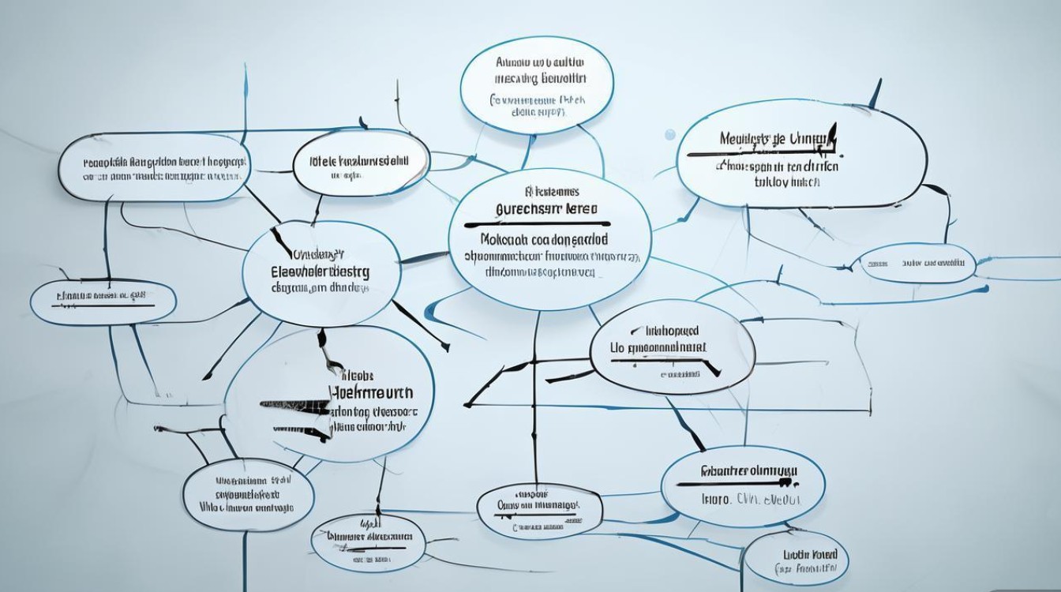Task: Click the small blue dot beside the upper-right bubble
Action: tap(670, 135)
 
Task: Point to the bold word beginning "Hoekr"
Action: tap(370, 392)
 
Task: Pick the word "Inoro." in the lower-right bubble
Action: tap(718, 500)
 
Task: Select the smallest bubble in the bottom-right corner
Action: tap(797, 559)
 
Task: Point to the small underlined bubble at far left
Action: tap(103, 301)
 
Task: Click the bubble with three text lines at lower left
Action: tap(248, 493)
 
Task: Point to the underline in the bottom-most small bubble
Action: tap(371, 546)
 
